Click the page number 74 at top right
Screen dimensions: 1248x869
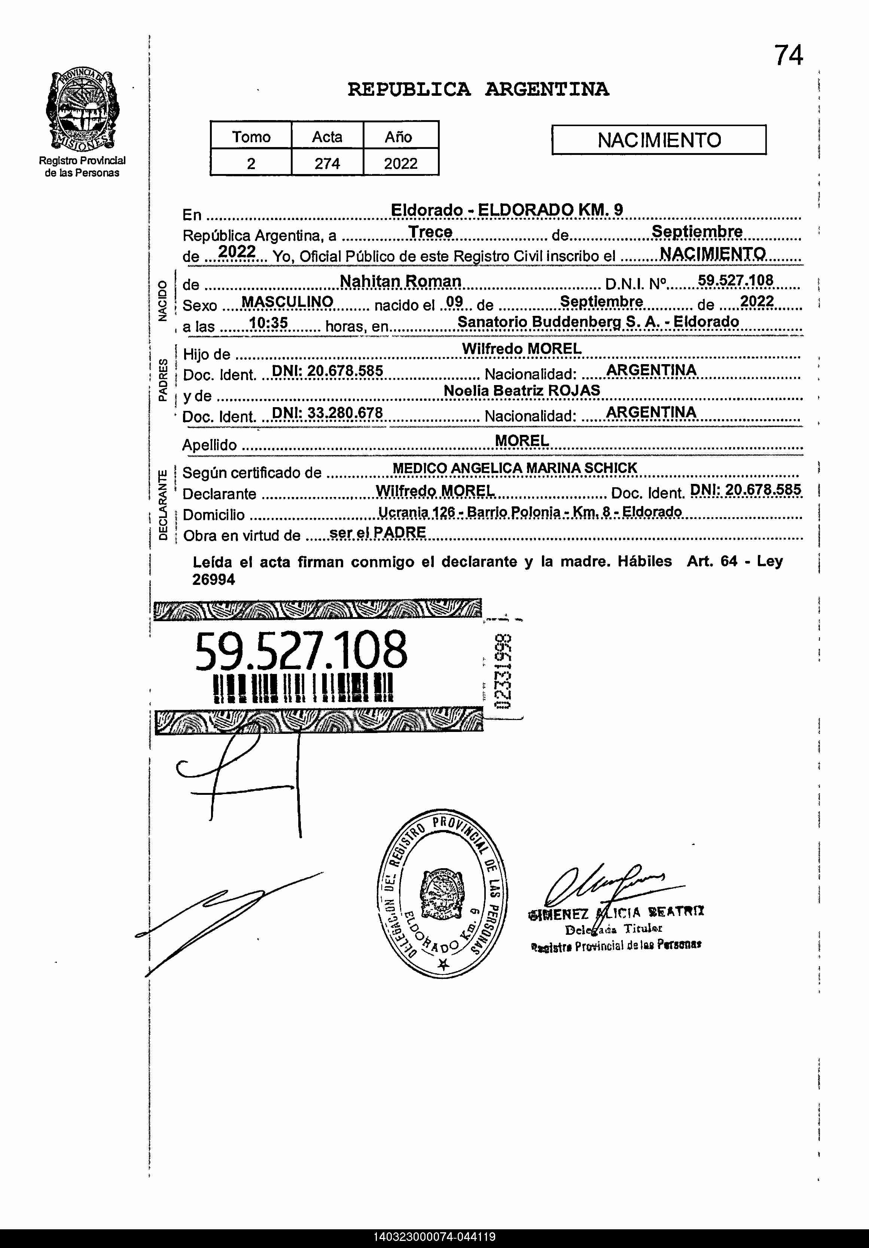(788, 55)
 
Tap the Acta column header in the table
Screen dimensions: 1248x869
(327, 137)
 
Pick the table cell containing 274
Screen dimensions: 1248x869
(327, 163)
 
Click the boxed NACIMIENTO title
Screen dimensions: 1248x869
(659, 140)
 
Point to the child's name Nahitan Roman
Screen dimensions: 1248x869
(400, 281)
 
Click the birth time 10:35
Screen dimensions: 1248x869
(268, 323)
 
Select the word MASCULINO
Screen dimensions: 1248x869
(287, 302)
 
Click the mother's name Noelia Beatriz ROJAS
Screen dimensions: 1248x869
(522, 390)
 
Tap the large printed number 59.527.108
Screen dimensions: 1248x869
(301, 650)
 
